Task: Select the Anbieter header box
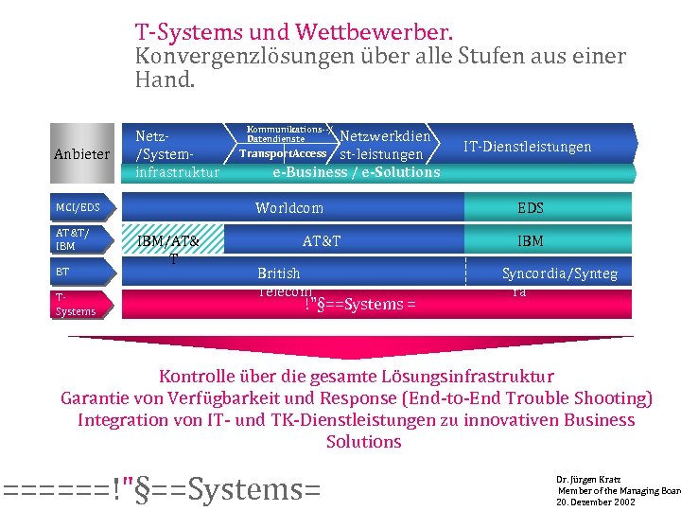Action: [x=81, y=153]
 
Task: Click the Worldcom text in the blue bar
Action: [x=288, y=208]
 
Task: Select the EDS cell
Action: [x=530, y=208]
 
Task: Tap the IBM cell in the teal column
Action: [x=530, y=241]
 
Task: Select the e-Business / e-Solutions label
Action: [x=356, y=172]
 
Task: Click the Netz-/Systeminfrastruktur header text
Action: [x=177, y=153]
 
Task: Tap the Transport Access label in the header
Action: [x=283, y=153]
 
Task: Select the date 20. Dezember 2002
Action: [x=596, y=502]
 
